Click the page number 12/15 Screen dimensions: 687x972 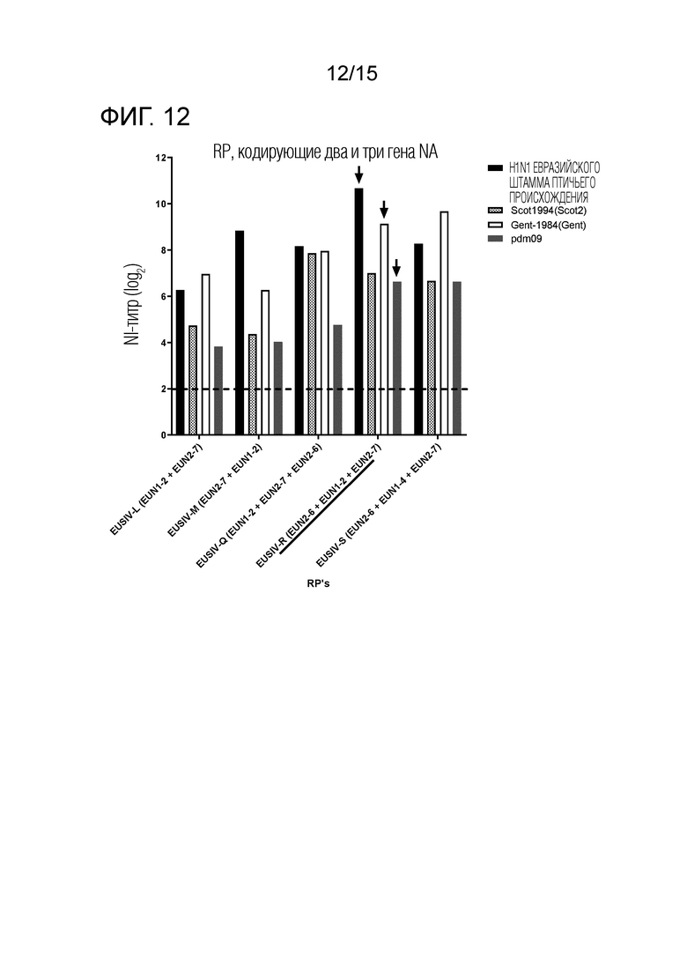click(x=351, y=74)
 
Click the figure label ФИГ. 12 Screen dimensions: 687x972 click(x=145, y=116)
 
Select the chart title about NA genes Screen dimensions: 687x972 click(x=325, y=152)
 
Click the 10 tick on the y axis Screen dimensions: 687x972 click(x=161, y=204)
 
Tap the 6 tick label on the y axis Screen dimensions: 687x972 click(x=164, y=296)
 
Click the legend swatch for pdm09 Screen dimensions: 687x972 click(x=496, y=240)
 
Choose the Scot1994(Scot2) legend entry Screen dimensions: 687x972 click(x=537, y=211)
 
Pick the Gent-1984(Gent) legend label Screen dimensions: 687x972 click(x=548, y=225)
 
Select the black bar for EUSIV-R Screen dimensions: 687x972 click(x=358, y=311)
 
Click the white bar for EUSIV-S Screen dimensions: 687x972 click(x=444, y=323)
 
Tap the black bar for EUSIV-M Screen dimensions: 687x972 click(x=240, y=333)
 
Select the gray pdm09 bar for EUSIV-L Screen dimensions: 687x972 click(x=218, y=390)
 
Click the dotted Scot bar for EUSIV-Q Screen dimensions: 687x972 click(x=312, y=344)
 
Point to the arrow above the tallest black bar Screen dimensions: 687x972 click(x=358, y=174)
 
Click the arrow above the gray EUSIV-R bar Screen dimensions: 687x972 click(x=396, y=268)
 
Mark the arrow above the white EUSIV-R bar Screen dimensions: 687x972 click(x=384, y=210)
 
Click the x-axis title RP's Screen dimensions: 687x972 click(x=319, y=583)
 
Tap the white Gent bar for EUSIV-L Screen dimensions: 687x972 click(x=206, y=354)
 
